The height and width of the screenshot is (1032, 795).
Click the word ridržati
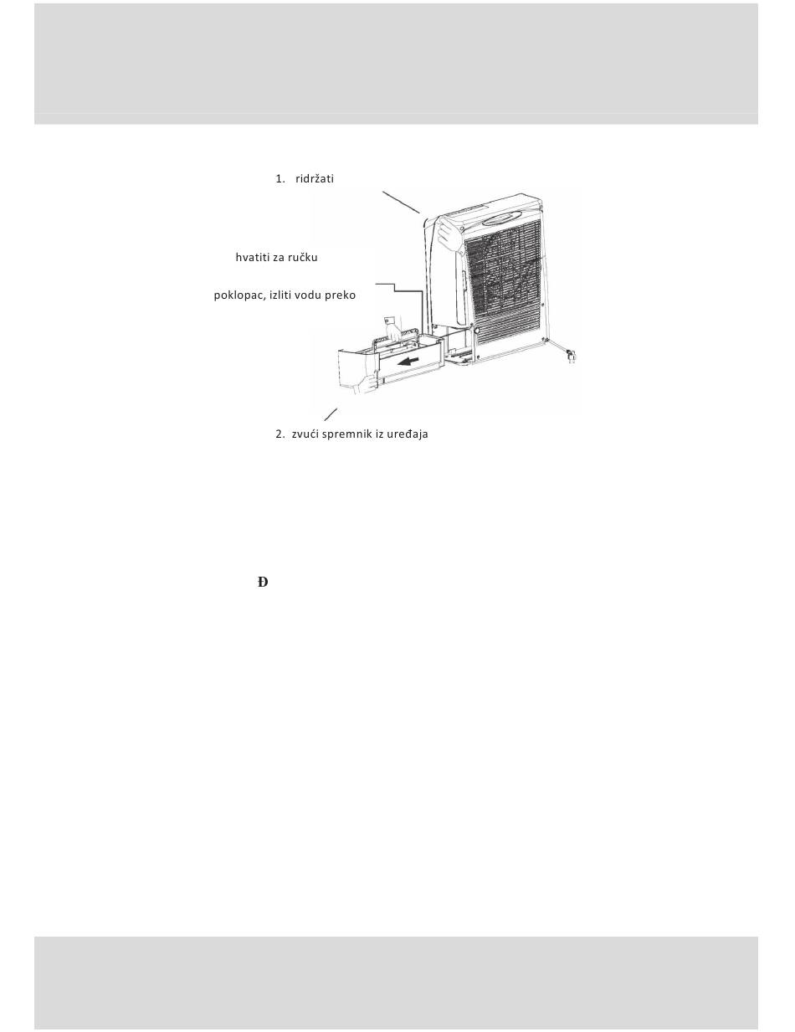[x=314, y=178]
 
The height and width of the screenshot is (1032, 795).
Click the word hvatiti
[x=253, y=258]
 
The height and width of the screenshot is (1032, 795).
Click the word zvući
[x=305, y=434]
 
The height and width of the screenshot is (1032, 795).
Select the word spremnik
[x=347, y=434]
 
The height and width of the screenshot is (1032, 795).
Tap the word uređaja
[x=408, y=434]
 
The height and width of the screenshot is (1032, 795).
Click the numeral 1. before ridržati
[x=280, y=178]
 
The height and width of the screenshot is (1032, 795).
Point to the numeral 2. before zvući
[x=280, y=434]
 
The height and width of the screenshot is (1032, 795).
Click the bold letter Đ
[x=263, y=582]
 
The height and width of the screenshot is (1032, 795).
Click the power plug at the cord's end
[x=571, y=356]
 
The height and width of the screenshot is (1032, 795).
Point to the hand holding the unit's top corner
[x=448, y=234]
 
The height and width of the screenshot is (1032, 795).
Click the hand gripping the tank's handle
[x=392, y=328]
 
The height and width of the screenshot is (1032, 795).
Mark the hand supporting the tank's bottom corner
[x=366, y=383]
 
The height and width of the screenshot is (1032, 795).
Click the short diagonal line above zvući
[x=331, y=414]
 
